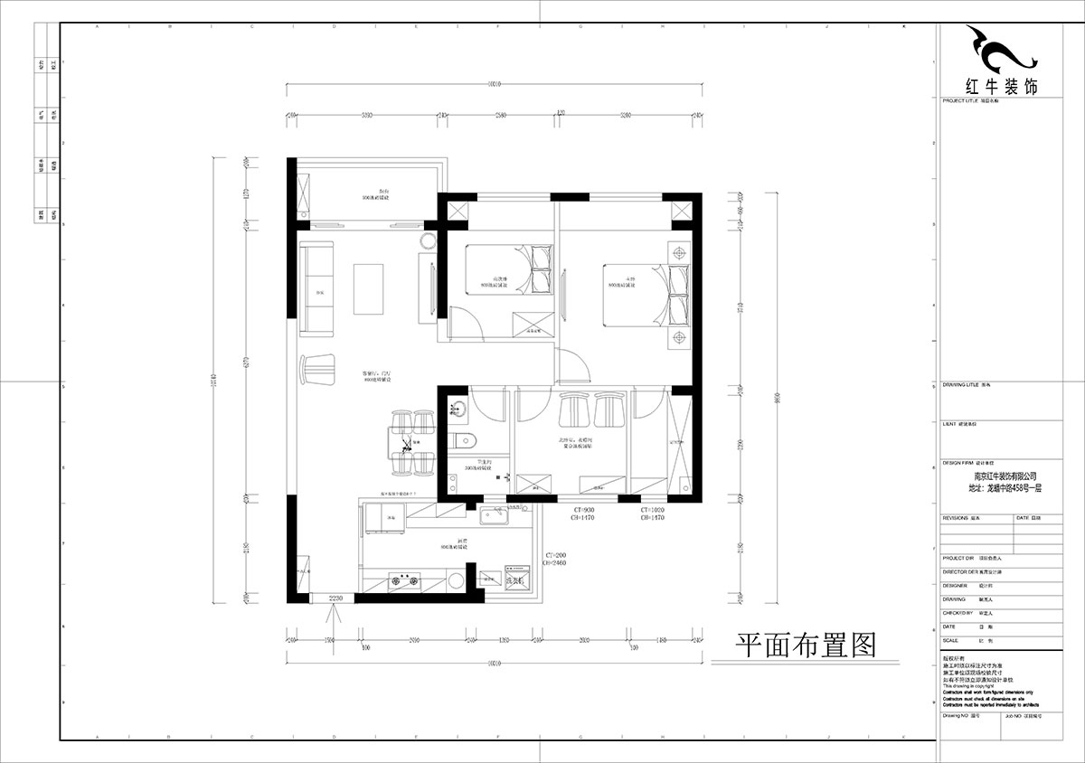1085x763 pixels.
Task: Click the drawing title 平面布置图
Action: pos(806,644)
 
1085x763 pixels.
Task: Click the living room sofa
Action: pos(316,287)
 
